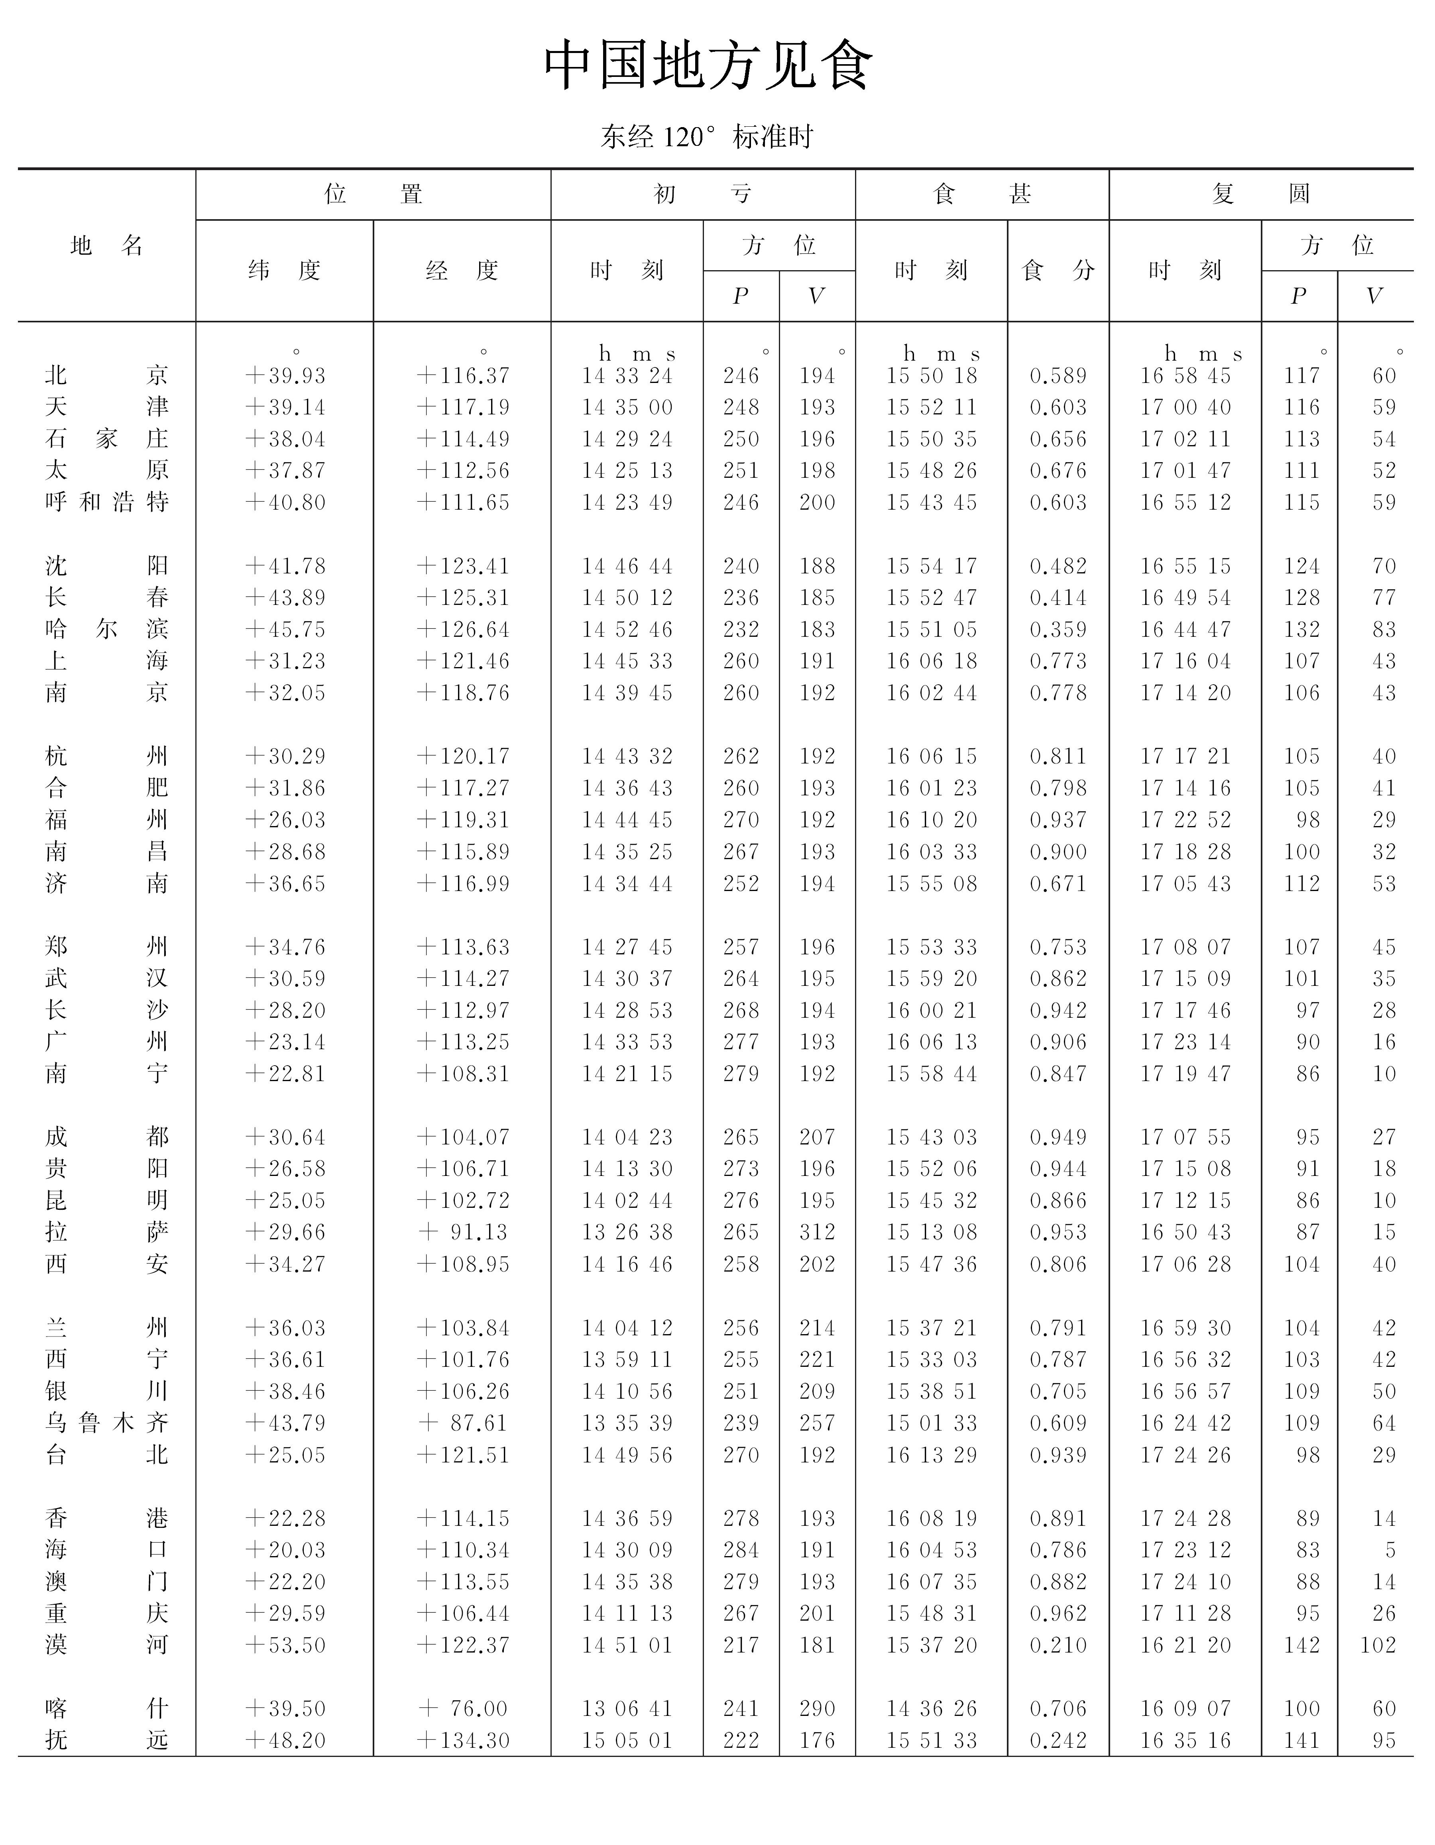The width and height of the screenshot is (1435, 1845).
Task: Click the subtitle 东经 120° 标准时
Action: coord(706,136)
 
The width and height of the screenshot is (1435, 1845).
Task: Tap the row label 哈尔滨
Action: coord(106,629)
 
